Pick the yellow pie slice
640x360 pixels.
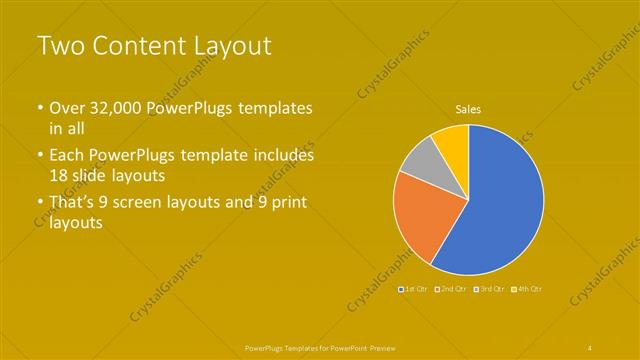(453, 140)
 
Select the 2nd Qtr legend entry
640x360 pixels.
(452, 289)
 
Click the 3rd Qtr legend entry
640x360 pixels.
(490, 289)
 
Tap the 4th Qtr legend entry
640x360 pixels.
(527, 289)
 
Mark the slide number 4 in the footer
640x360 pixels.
(590, 347)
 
